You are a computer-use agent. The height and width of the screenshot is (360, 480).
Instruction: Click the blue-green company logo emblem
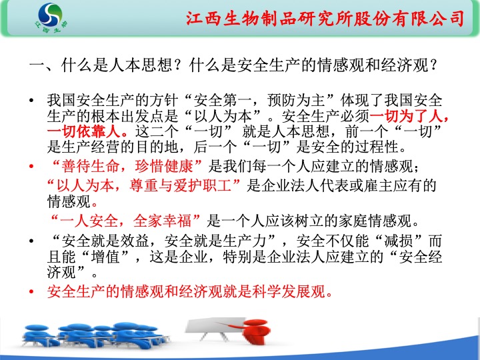coord(51,15)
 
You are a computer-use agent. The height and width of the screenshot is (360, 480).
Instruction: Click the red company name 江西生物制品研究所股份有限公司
coord(325,19)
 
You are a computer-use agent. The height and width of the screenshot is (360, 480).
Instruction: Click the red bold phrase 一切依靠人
coord(83,131)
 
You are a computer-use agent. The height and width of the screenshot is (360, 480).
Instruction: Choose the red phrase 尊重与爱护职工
coord(180,186)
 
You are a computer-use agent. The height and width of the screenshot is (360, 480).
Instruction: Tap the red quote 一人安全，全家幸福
coord(125,221)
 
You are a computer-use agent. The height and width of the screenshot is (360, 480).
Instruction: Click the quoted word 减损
coord(398,241)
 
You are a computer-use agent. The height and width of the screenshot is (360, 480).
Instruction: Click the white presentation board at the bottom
coord(215,328)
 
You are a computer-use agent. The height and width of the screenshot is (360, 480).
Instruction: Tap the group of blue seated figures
coord(95,335)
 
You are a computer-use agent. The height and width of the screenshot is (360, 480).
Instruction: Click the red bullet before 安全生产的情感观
coord(31,291)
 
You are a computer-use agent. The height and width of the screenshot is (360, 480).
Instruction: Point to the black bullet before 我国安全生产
coord(31,101)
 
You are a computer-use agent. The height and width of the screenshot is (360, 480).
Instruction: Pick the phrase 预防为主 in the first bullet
coord(296,101)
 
